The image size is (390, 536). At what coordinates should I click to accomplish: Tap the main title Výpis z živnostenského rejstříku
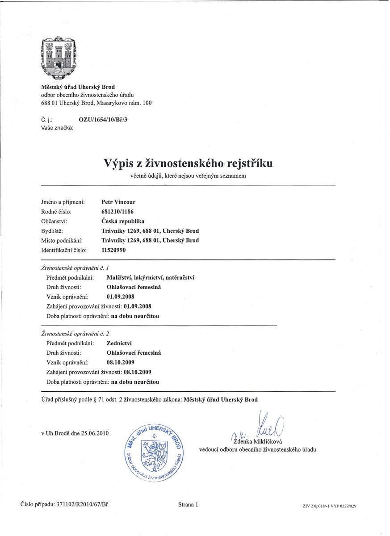point(188,163)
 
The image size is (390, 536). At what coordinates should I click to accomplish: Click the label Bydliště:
point(52,231)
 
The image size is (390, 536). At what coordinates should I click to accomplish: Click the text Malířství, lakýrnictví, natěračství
point(151,278)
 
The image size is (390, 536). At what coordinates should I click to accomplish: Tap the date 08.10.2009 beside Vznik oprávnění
point(121,362)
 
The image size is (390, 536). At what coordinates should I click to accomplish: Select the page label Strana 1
point(188,505)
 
